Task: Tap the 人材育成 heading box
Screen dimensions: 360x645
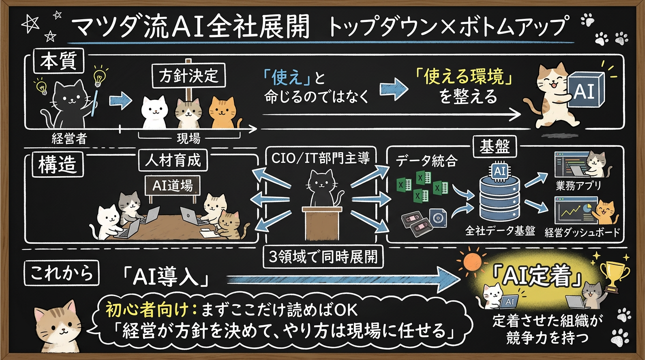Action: click(173, 160)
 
